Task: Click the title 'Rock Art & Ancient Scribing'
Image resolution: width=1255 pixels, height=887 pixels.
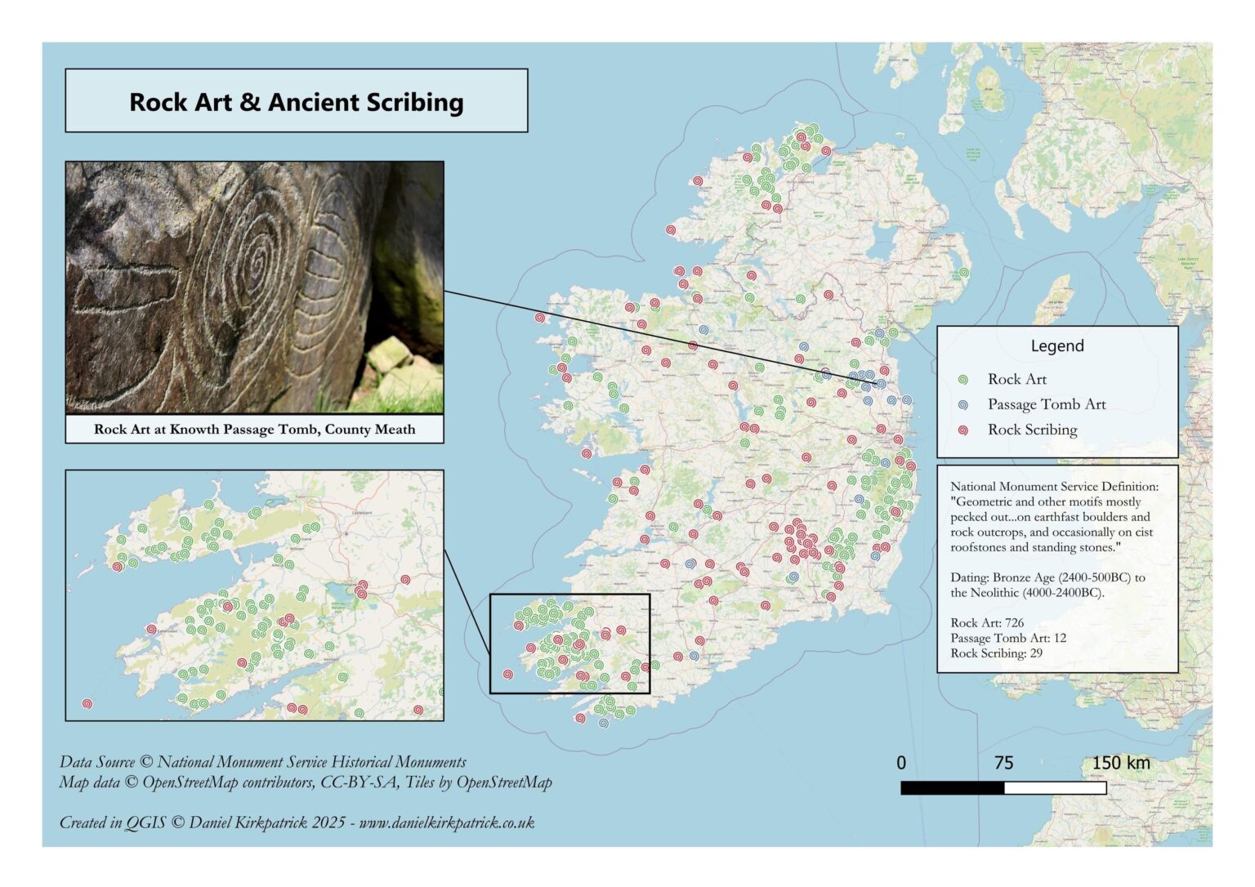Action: tap(296, 102)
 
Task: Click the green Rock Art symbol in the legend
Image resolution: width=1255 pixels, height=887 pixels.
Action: tap(963, 380)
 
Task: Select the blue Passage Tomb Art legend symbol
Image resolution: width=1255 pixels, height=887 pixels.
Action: tap(963, 405)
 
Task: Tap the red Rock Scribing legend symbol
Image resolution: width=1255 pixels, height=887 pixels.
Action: tap(963, 430)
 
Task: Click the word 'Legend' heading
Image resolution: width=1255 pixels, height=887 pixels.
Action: tap(1056, 346)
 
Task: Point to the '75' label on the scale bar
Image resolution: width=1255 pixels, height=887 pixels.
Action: tap(1003, 763)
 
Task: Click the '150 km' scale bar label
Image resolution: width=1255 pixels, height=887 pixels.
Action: tap(1120, 763)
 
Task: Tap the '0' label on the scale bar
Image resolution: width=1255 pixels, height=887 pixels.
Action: tap(901, 763)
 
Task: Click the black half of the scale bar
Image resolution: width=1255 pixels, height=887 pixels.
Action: tap(952, 788)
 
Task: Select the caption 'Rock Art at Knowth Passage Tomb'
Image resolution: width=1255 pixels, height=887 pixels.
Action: tap(254, 430)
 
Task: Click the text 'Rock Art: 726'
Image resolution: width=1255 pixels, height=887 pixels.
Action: tap(987, 623)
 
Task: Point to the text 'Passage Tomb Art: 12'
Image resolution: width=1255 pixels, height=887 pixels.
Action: tap(1007, 638)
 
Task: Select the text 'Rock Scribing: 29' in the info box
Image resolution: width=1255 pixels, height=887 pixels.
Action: tap(996, 653)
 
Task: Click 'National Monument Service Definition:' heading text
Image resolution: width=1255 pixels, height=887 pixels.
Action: tap(1053, 487)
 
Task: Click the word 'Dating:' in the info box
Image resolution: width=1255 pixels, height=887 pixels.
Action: tap(969, 577)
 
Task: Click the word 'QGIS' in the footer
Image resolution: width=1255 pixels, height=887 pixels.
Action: tap(145, 822)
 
